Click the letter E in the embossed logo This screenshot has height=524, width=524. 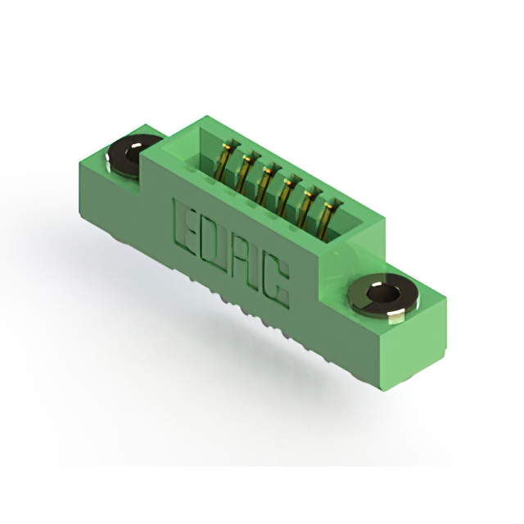184,227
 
